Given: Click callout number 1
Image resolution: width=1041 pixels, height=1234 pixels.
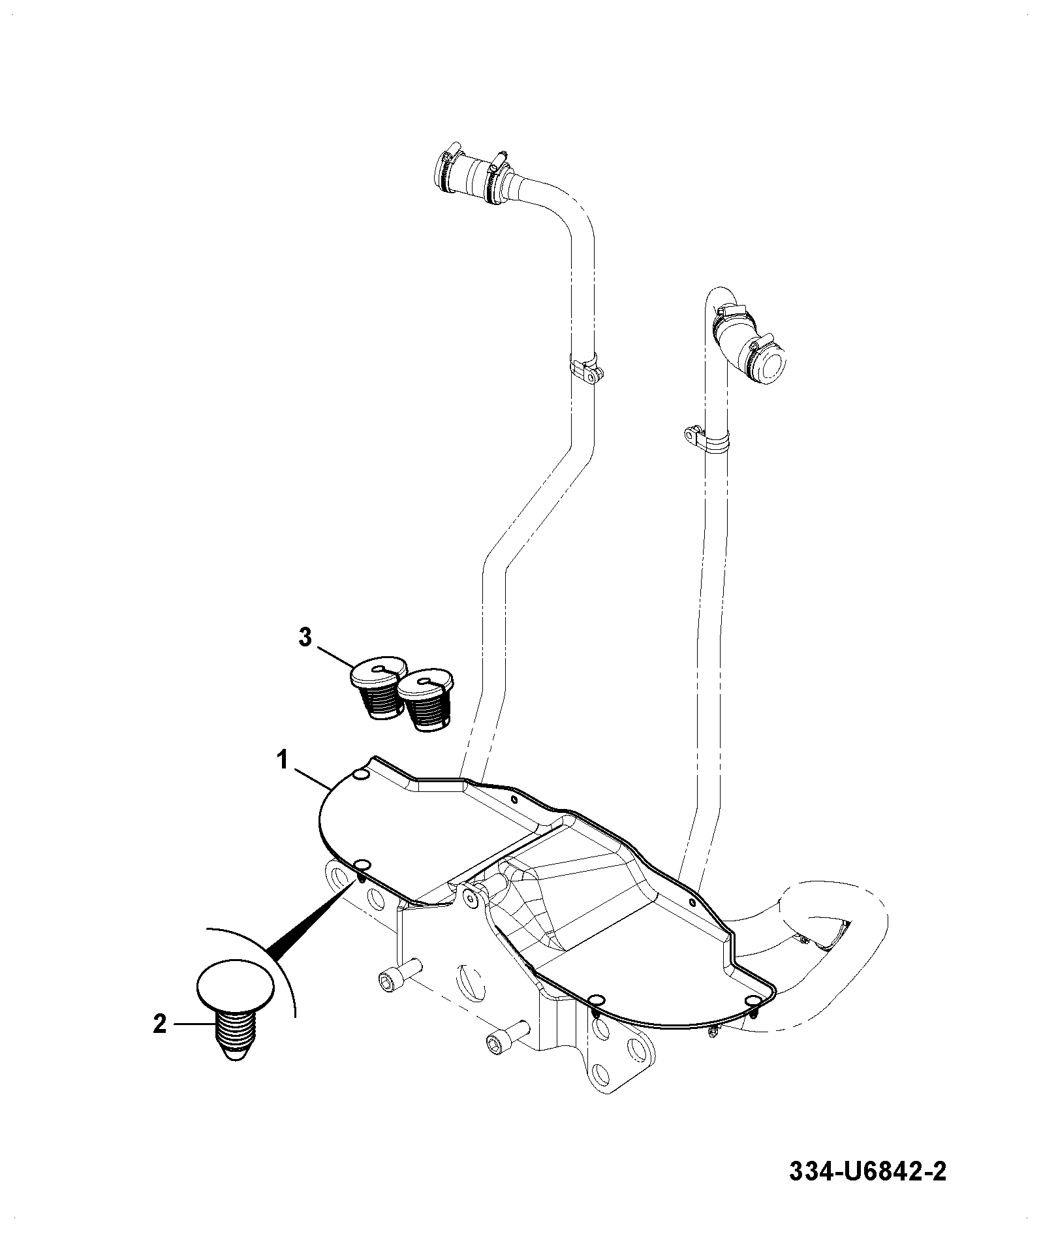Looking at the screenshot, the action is (283, 761).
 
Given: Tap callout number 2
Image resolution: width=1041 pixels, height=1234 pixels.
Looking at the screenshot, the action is (159, 1024).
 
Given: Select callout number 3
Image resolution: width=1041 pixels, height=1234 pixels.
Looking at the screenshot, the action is (305, 637).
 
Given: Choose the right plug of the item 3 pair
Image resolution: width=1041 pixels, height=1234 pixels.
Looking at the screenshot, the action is (424, 701).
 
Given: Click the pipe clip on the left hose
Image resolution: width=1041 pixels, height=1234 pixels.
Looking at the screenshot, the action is (585, 370).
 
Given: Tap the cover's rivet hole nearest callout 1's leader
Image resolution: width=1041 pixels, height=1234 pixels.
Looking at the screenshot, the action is (361, 774).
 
